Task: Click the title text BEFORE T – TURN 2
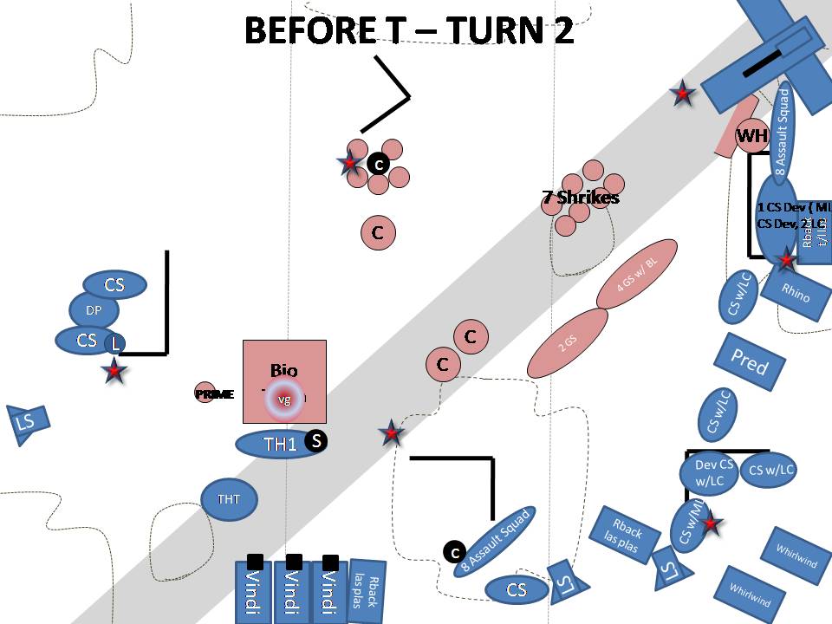coord(409,31)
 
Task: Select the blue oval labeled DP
coord(94,310)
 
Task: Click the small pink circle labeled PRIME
coord(205,393)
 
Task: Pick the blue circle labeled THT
coord(229,499)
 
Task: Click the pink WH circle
coord(752,135)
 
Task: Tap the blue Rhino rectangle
coord(795,292)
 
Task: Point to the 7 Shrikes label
coord(581,198)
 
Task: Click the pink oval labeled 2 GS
coord(568,342)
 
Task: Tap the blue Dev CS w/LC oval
coord(713,472)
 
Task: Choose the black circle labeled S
coord(316,441)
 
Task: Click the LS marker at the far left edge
coord(27,424)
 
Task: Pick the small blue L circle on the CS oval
coord(114,343)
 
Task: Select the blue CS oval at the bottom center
coord(517,590)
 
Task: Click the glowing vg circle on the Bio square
coord(284,399)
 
